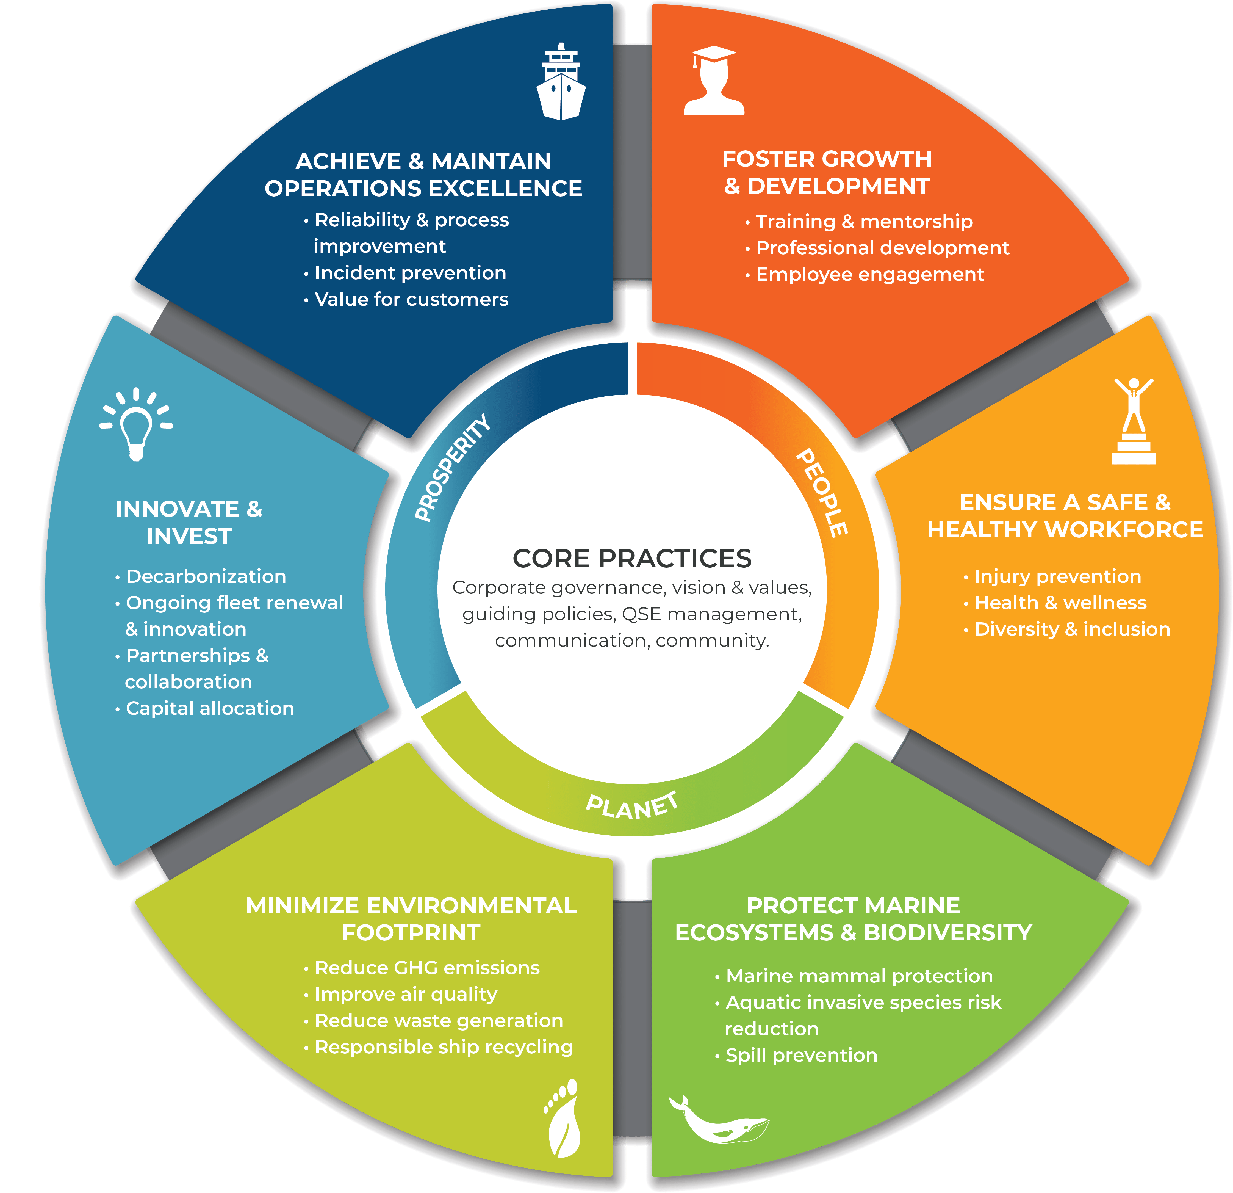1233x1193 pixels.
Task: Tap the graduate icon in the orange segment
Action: [714, 81]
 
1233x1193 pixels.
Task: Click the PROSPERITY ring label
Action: [452, 468]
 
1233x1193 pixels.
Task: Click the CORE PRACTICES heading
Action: [631, 558]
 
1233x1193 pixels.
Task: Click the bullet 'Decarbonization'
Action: [201, 576]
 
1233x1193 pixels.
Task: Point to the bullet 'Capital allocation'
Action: [204, 708]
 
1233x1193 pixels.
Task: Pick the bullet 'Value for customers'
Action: [406, 300]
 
